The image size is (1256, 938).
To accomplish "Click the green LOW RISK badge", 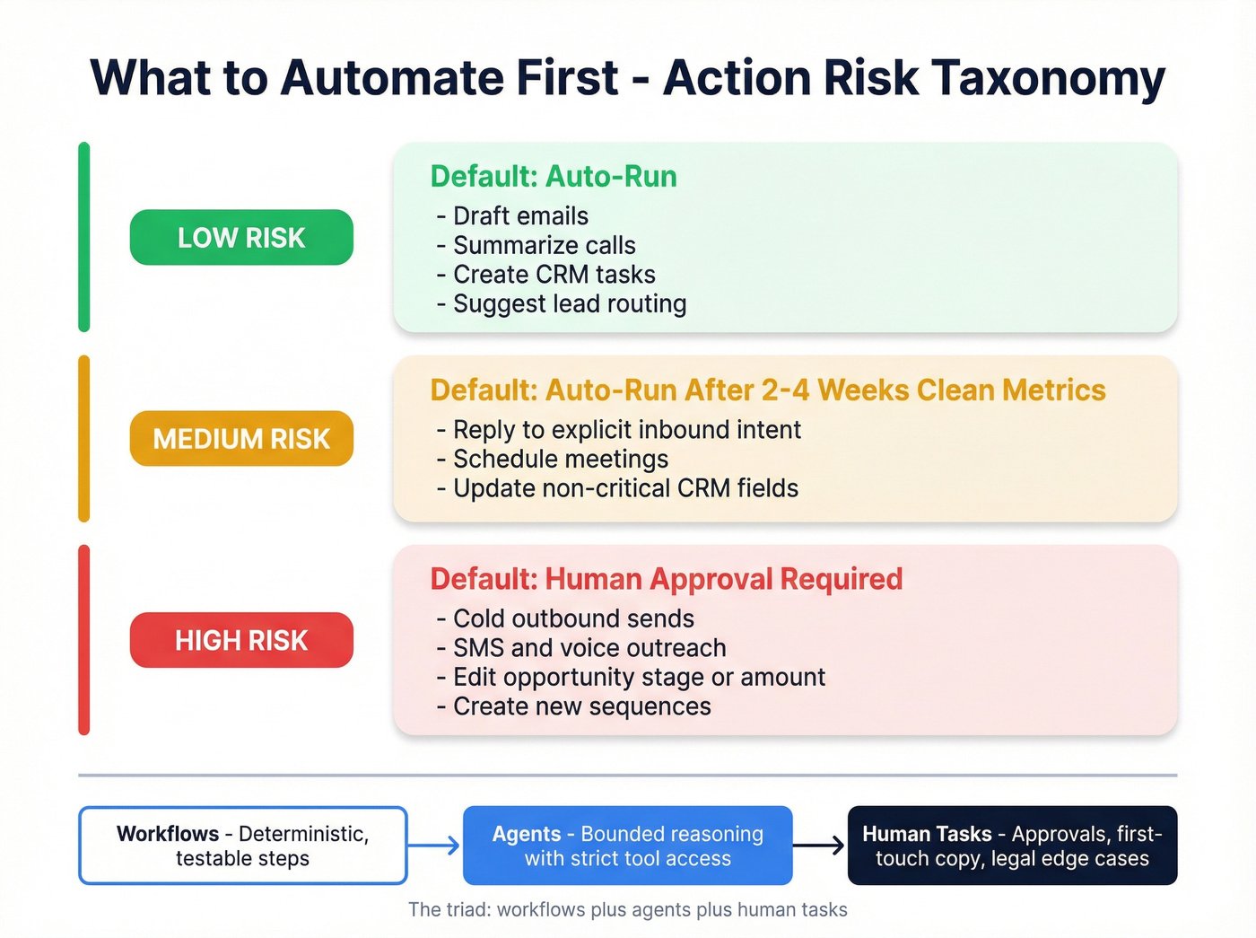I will point(241,238).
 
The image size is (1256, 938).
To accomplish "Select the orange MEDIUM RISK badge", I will point(241,439).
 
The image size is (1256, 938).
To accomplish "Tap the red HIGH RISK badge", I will point(241,640).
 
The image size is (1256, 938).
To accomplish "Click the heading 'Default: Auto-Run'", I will point(554,177).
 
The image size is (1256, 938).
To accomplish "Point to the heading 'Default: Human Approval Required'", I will point(667,579).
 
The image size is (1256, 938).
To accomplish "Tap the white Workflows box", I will point(243,846).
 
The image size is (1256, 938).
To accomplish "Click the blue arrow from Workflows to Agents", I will point(435,846).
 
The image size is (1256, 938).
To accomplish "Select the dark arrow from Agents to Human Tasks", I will point(820,846).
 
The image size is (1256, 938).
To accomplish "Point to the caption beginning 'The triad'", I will point(627,910).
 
